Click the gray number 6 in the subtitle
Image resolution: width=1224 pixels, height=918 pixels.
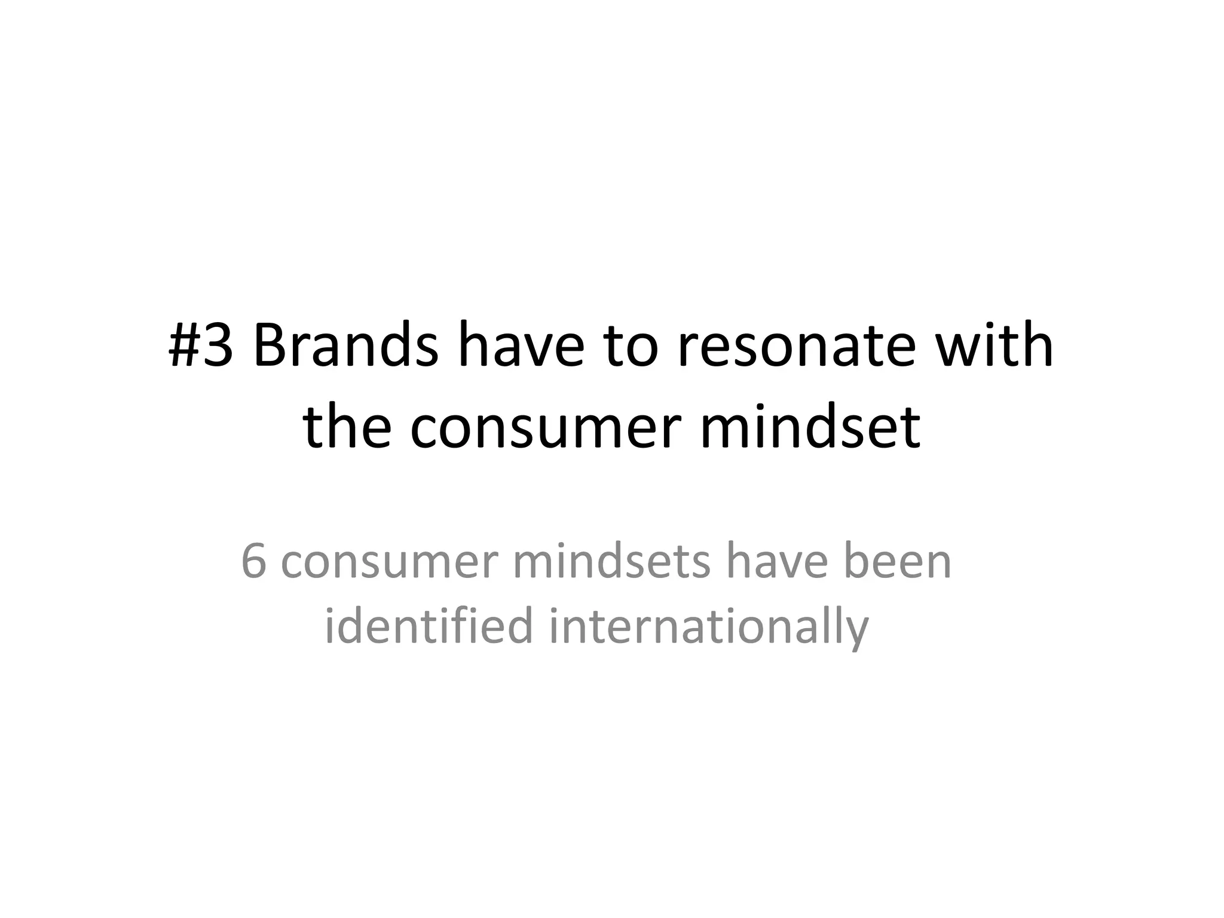click(253, 562)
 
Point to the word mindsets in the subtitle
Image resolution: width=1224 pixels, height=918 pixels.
click(611, 562)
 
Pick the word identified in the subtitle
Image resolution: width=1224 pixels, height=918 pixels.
click(428, 625)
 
